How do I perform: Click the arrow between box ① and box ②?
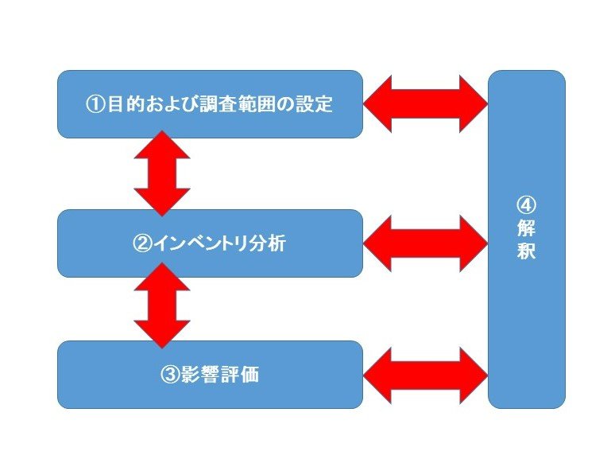162,173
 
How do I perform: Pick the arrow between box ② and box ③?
162,305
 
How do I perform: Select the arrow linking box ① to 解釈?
425,103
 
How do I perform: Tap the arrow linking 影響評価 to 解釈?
425,375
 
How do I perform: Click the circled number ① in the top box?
95,105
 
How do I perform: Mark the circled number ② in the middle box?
141,243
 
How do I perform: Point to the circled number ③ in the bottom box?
168,375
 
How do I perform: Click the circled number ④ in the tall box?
526,205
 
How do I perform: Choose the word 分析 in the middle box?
268,243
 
